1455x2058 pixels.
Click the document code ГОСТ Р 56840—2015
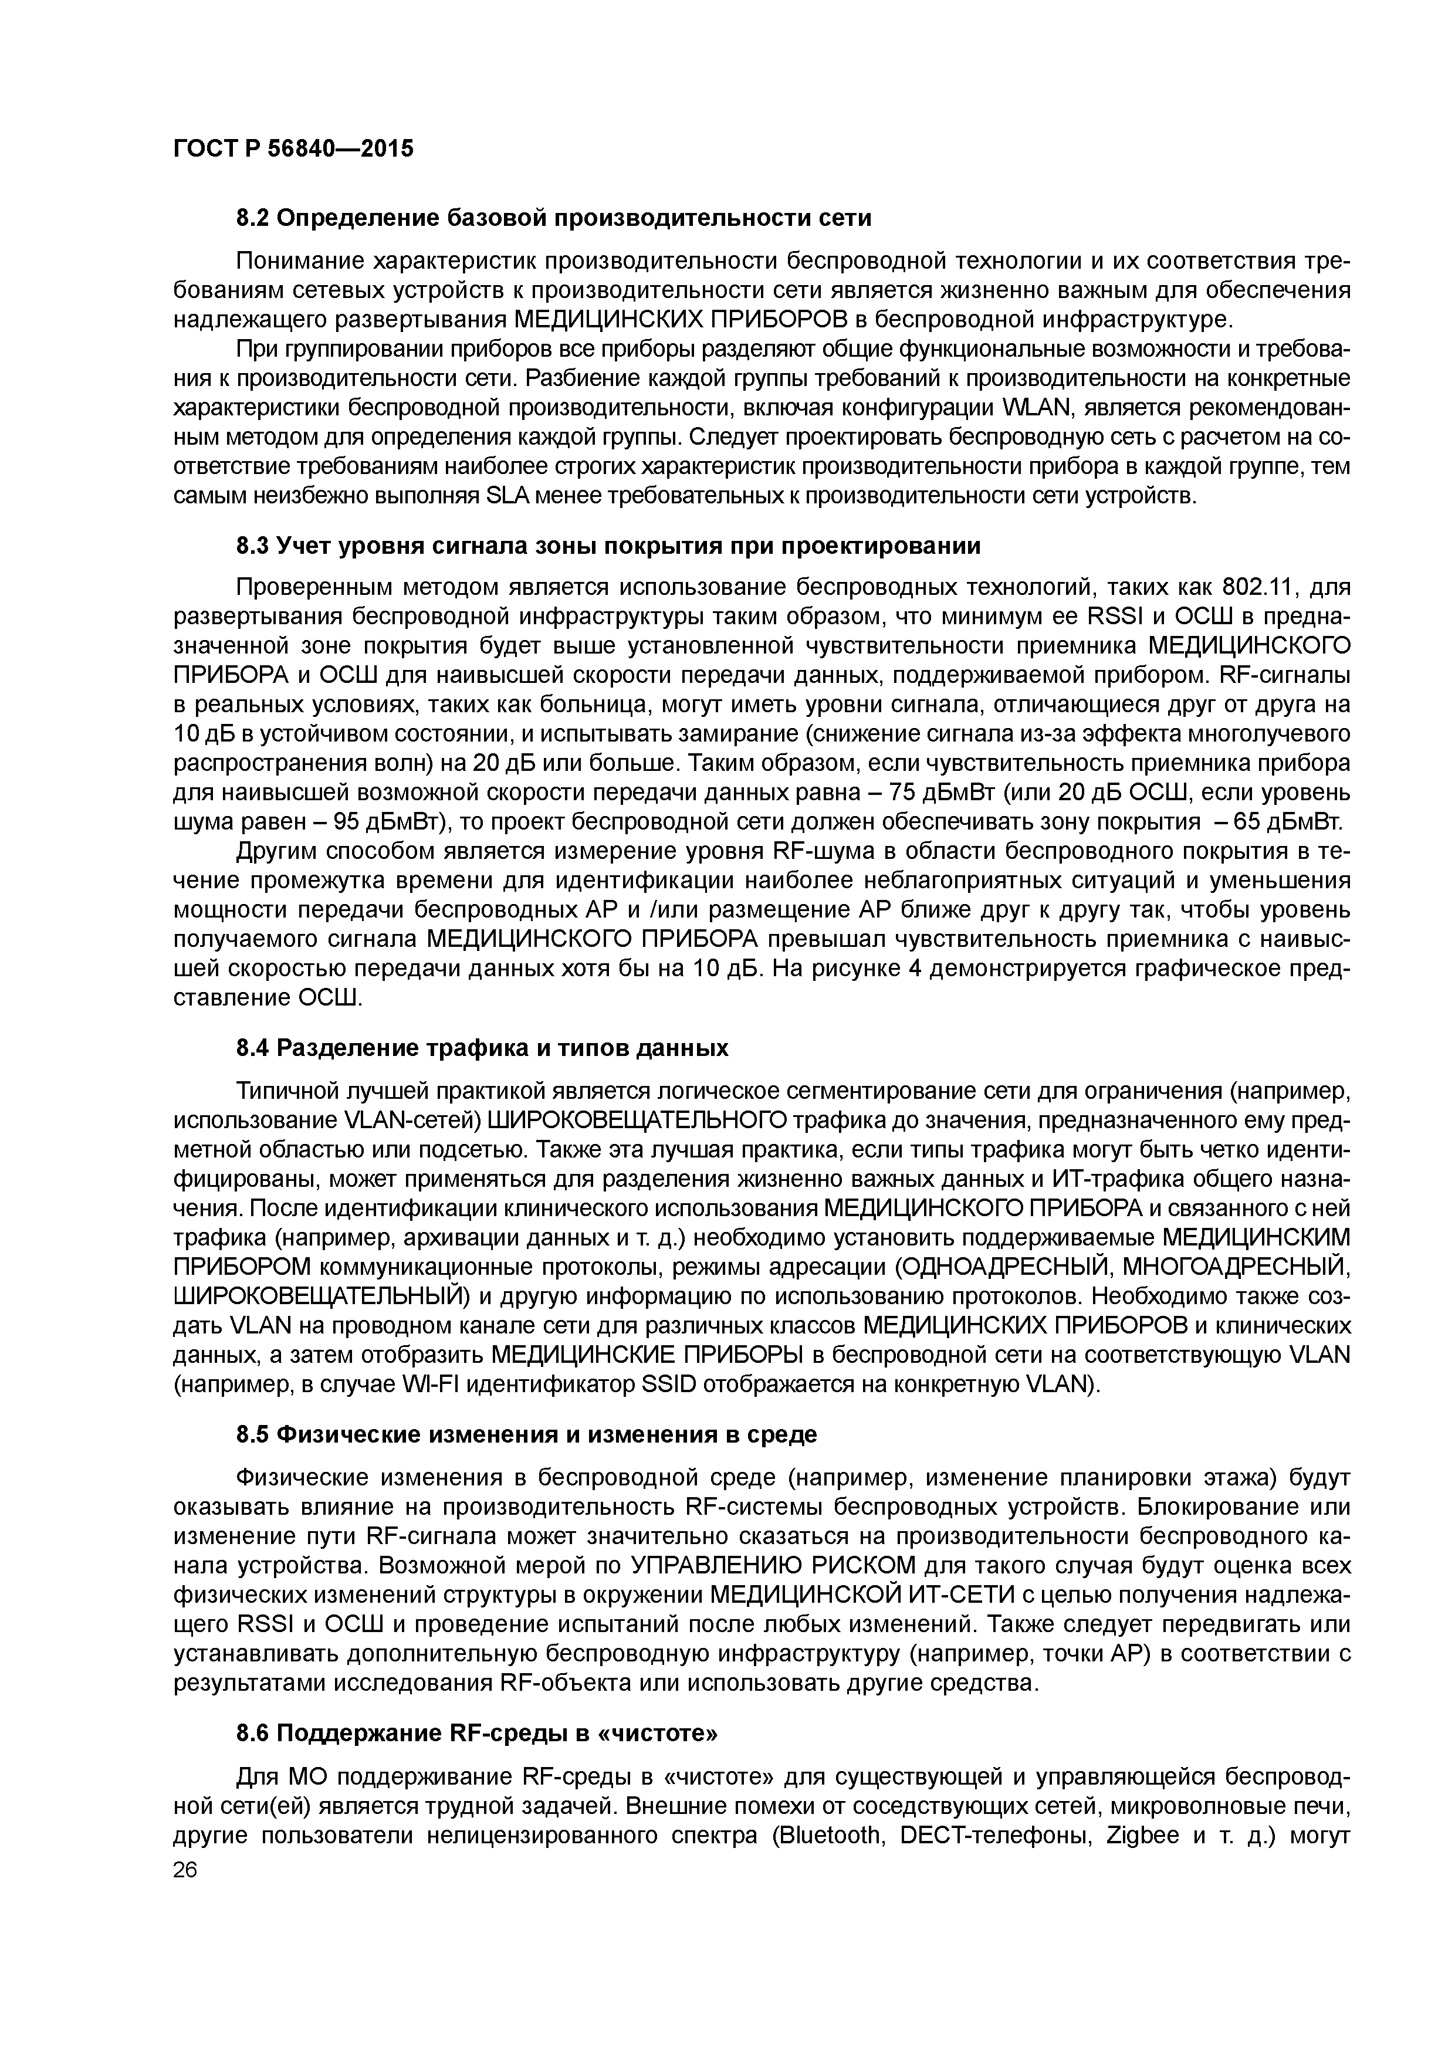click(x=293, y=149)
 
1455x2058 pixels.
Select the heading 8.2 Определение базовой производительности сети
click(x=553, y=218)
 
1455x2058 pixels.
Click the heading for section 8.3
click(x=608, y=546)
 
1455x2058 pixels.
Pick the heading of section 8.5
click(x=526, y=1435)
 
